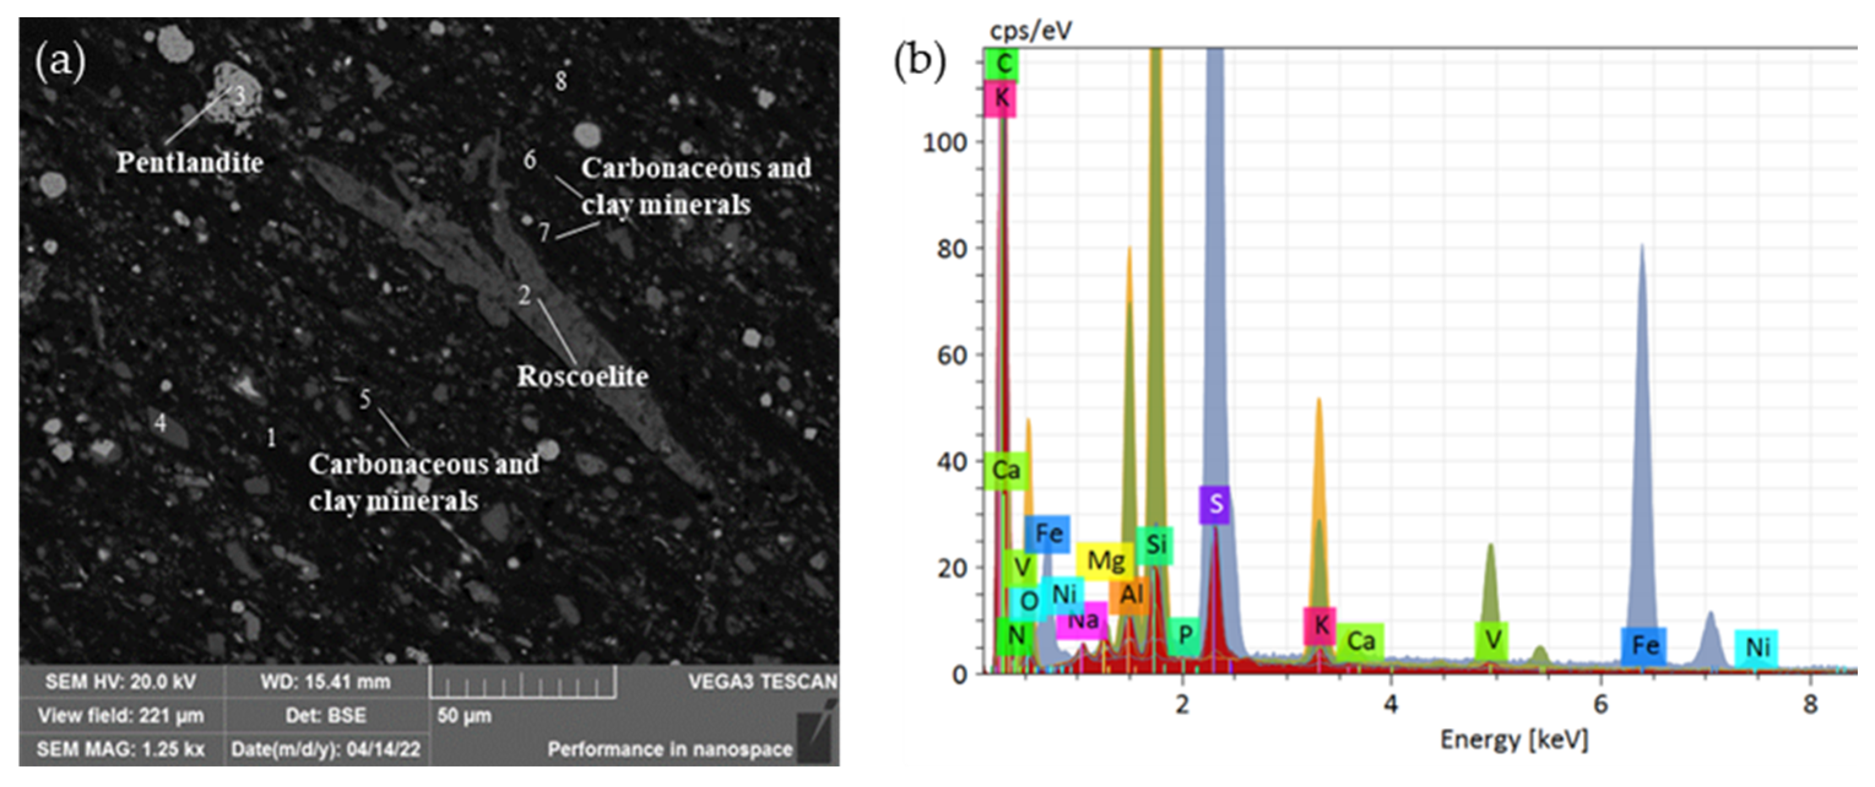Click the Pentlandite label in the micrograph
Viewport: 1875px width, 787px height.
point(190,162)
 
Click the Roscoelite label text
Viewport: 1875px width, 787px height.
point(582,376)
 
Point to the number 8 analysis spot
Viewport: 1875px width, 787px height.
point(560,81)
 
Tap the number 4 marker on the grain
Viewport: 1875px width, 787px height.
point(159,422)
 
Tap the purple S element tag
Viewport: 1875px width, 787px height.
point(1215,504)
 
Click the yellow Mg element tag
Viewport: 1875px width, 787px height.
point(1105,561)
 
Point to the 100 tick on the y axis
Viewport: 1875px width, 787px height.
point(944,142)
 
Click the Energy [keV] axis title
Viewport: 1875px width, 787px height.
point(1514,740)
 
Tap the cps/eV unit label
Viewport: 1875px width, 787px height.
point(1030,31)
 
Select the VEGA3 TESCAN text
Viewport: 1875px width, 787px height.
point(761,682)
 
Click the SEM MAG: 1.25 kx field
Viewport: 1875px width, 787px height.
point(120,748)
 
